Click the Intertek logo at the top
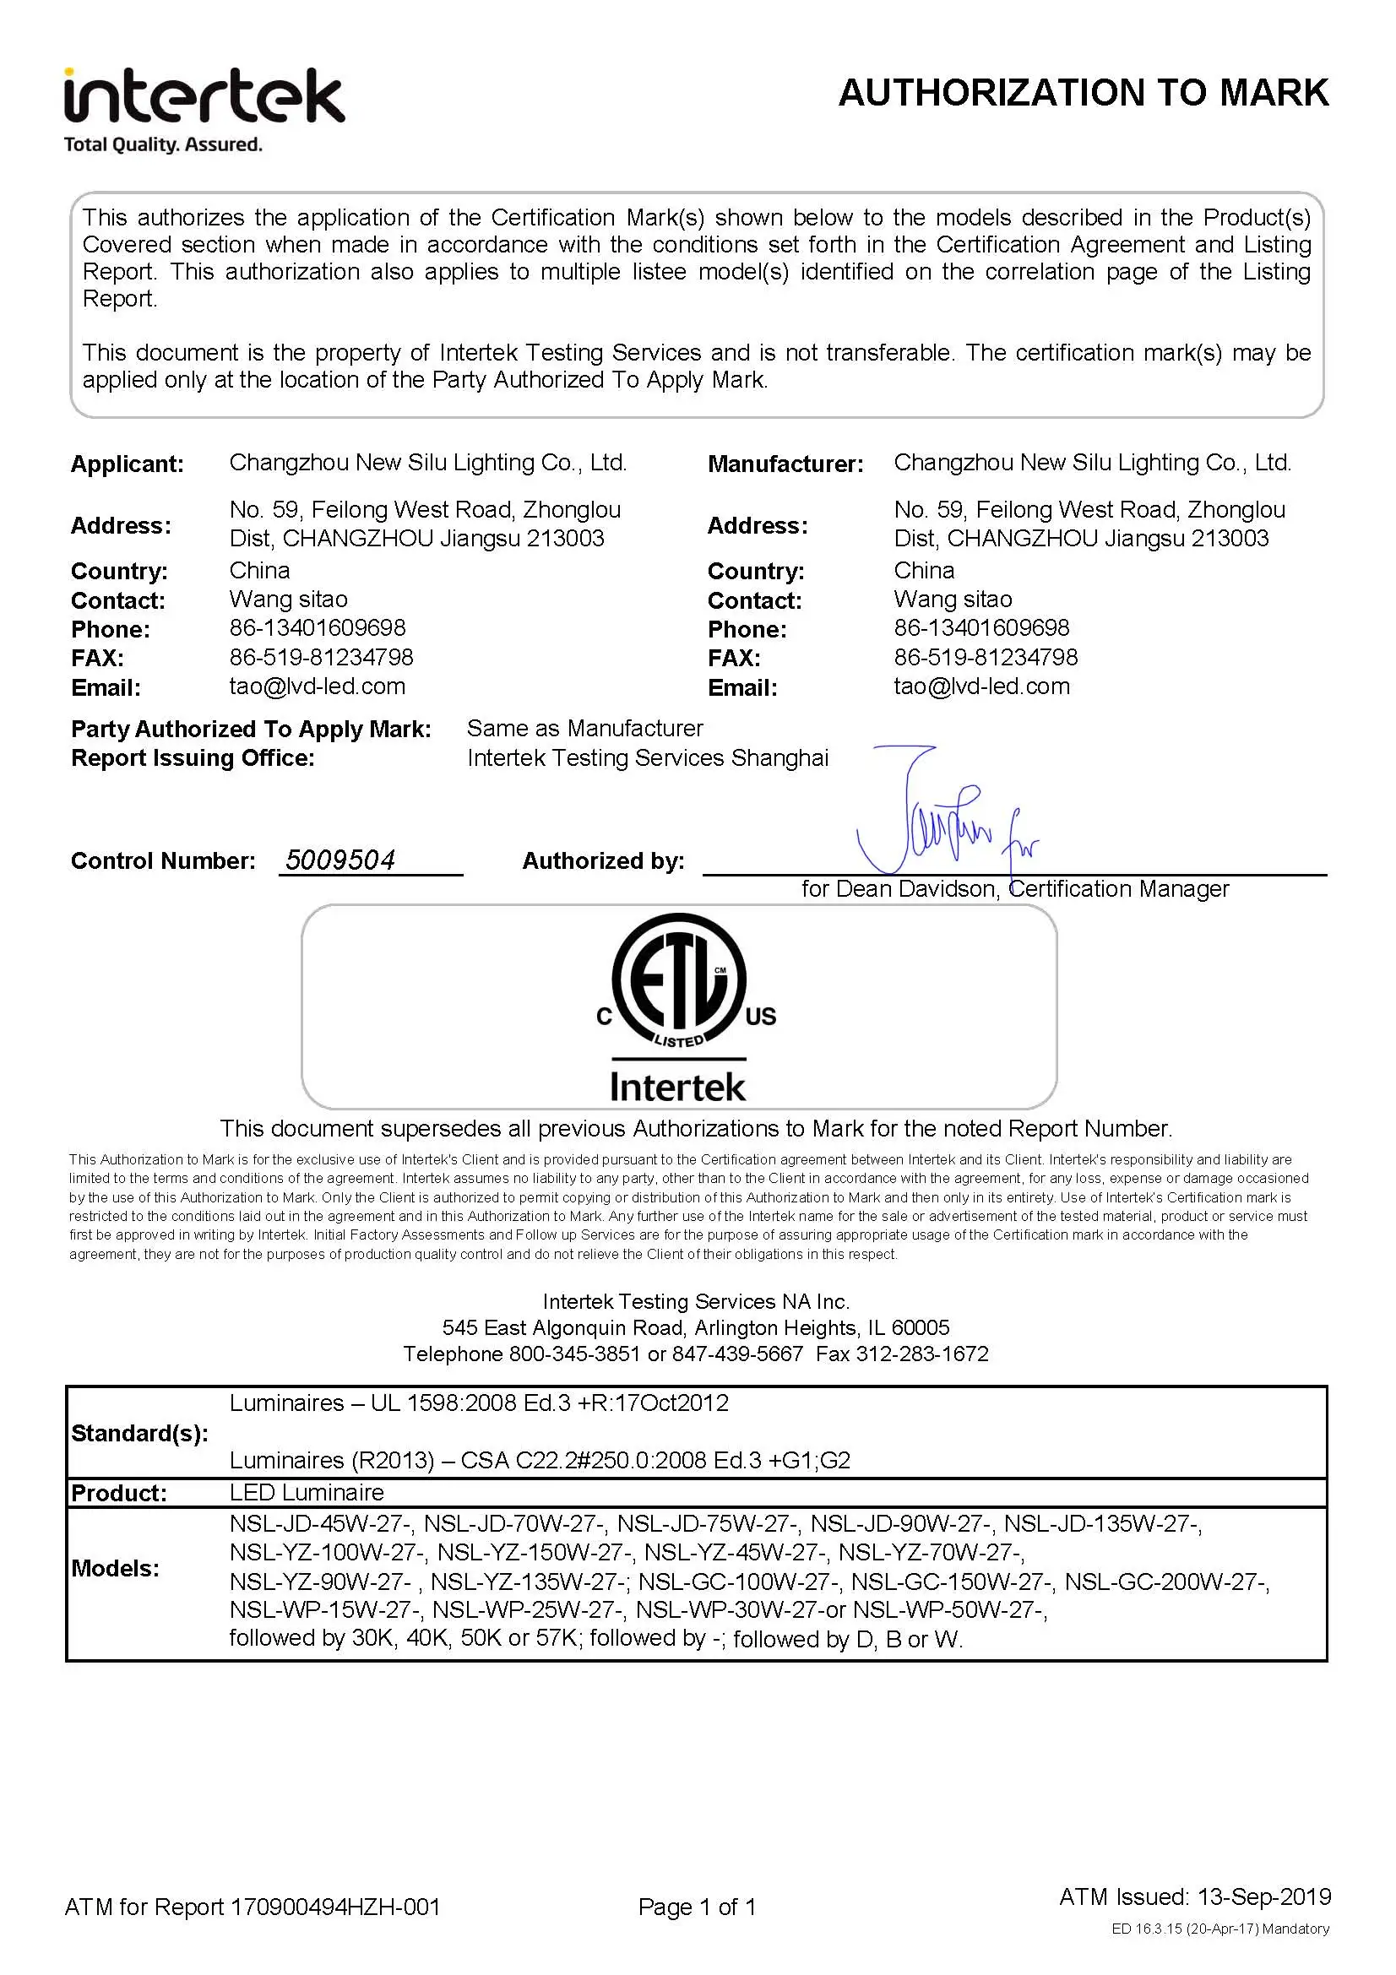(x=204, y=109)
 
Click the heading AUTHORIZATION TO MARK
(x=1083, y=93)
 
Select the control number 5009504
(x=339, y=860)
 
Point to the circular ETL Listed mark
(x=679, y=980)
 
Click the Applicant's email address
(x=317, y=686)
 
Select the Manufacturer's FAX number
(x=985, y=657)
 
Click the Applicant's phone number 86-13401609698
(x=317, y=628)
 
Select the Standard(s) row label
(x=139, y=1433)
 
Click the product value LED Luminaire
(x=307, y=1492)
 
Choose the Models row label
(x=115, y=1568)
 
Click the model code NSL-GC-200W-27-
(x=1166, y=1581)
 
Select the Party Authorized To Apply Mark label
(x=251, y=730)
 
